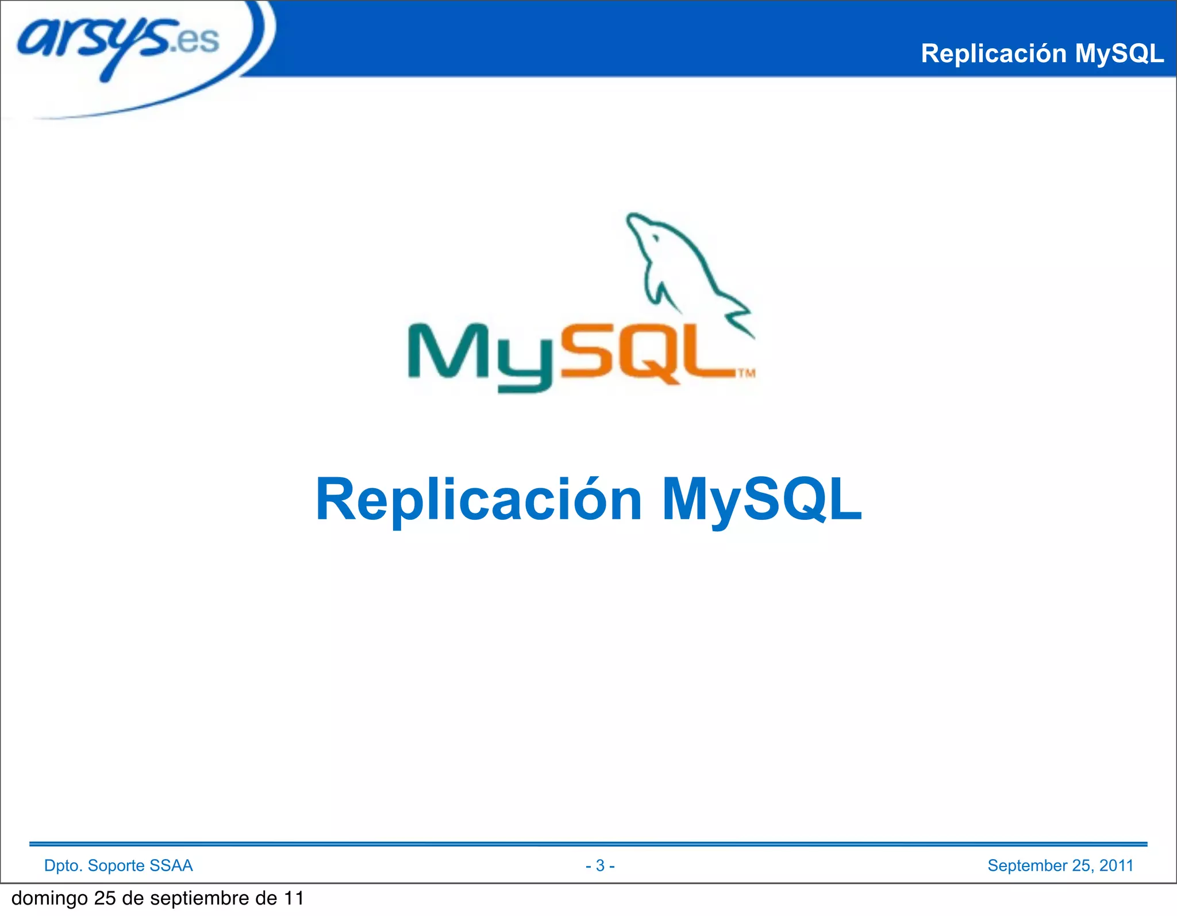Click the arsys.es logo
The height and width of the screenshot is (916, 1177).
tap(118, 43)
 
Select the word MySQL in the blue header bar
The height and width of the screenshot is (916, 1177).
tap(1119, 53)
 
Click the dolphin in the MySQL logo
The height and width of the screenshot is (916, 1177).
tap(684, 265)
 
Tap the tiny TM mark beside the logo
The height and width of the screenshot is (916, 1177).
tap(746, 373)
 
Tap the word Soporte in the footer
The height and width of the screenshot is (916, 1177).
tap(116, 865)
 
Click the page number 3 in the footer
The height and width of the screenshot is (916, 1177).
tap(600, 865)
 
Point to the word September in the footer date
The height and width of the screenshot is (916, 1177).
tap(1027, 865)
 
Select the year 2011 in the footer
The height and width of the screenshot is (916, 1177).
tap(1116, 865)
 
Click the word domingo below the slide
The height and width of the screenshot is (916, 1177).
tap(49, 898)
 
